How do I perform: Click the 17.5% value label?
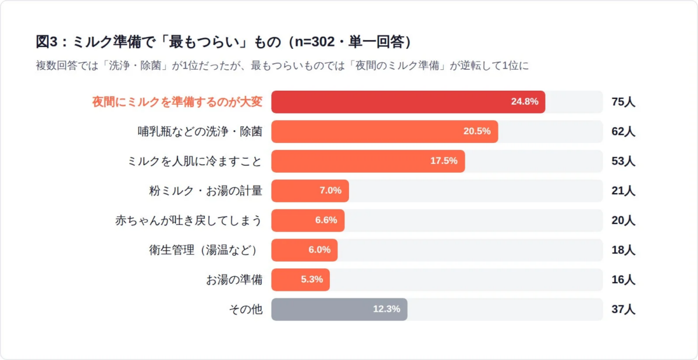coord(444,161)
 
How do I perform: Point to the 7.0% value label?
coord(330,191)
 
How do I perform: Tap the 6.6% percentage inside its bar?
coord(326,220)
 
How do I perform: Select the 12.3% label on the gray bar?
coord(387,309)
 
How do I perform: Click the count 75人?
coord(623,102)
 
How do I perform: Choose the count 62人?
coord(623,131)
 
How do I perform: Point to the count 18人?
coord(623,250)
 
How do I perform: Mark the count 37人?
coord(623,309)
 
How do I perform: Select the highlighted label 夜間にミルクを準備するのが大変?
coord(177,102)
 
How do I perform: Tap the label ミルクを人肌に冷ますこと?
coord(195,161)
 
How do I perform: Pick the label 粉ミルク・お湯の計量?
coord(206,191)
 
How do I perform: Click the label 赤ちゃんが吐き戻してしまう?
coord(189,220)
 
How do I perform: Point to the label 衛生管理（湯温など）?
coord(204,250)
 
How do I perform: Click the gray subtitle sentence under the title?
coord(282,66)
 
